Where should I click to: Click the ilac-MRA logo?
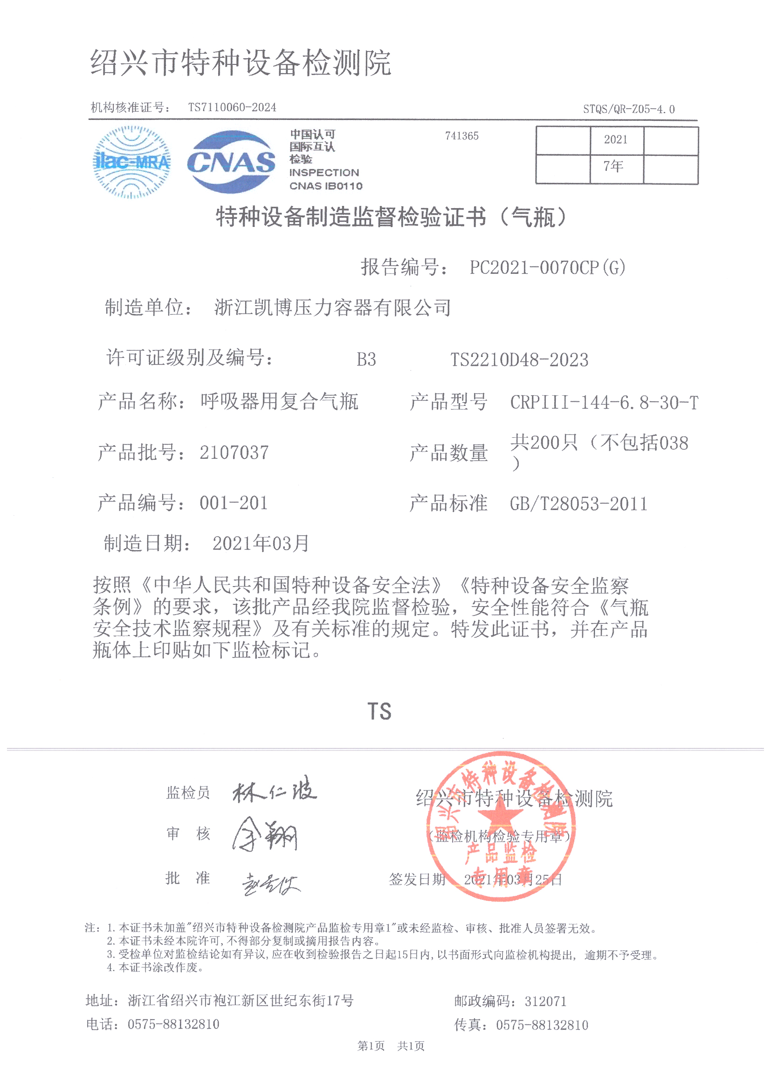click(131, 162)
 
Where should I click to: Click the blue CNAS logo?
click(231, 162)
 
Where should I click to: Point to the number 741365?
click(461, 136)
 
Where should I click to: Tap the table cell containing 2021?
click(616, 140)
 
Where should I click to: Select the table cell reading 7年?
click(616, 167)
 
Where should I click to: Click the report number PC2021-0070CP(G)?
click(547, 267)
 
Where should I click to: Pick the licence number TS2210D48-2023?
click(519, 360)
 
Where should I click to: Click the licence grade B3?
click(366, 360)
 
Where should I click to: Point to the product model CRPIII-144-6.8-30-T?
click(604, 402)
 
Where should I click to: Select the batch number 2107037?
click(234, 452)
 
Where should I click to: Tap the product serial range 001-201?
click(234, 503)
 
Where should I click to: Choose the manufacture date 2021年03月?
click(261, 543)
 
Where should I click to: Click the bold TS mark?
click(379, 711)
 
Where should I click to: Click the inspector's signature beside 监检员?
click(275, 791)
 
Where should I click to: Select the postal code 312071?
click(545, 1002)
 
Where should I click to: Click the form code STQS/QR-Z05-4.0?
click(628, 109)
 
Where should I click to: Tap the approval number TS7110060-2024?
click(232, 107)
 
